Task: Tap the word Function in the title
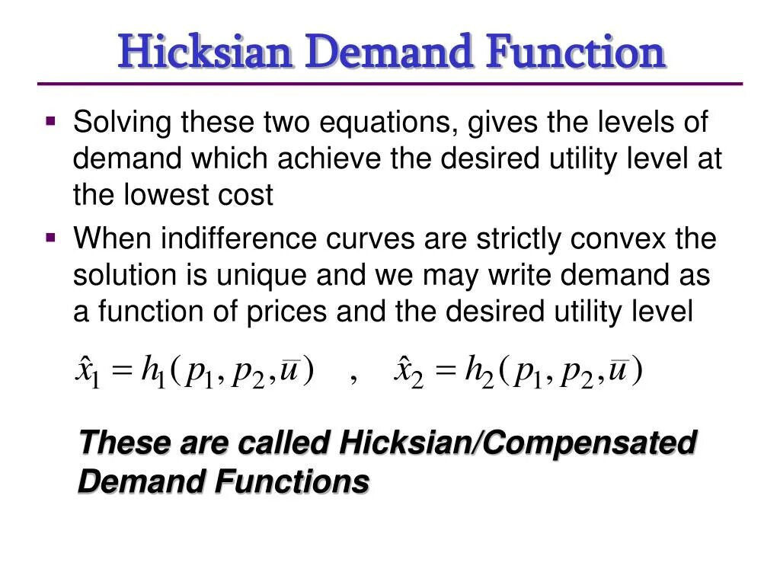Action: pos(577,53)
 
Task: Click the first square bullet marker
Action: pos(51,120)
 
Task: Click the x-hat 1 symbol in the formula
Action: pos(86,372)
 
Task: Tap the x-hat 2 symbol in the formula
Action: pos(408,372)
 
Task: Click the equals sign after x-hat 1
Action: pos(121,372)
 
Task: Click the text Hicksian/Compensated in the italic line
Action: pos(518,443)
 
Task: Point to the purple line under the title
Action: pos(390,83)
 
